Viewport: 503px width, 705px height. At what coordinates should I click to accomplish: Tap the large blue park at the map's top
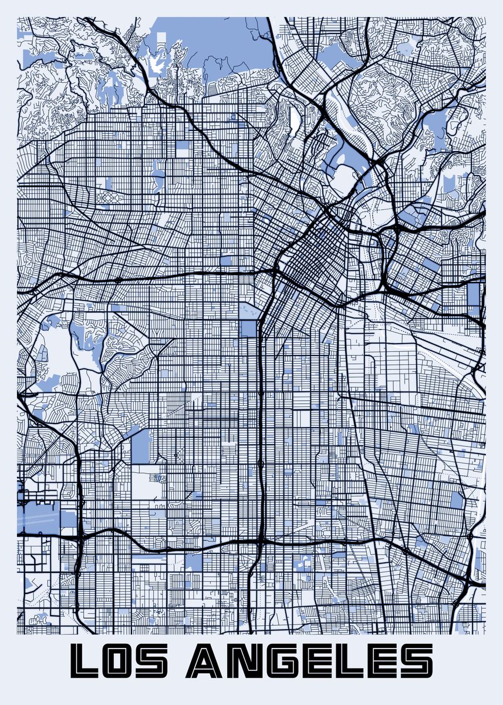coord(229,47)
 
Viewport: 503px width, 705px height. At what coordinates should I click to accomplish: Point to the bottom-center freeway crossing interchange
coord(260,539)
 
